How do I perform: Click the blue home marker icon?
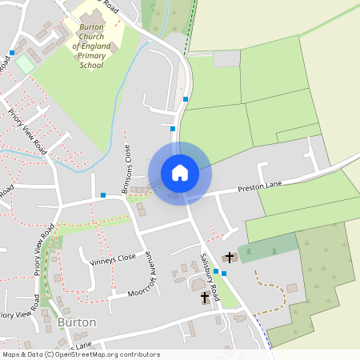click(180, 173)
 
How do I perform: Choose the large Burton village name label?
click(77, 322)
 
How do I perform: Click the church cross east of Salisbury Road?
click(230, 258)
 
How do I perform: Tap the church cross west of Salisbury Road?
click(204, 297)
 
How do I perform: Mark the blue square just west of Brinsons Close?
click(103, 194)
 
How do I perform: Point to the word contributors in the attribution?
click(137, 354)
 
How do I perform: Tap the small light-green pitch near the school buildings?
click(24, 64)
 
